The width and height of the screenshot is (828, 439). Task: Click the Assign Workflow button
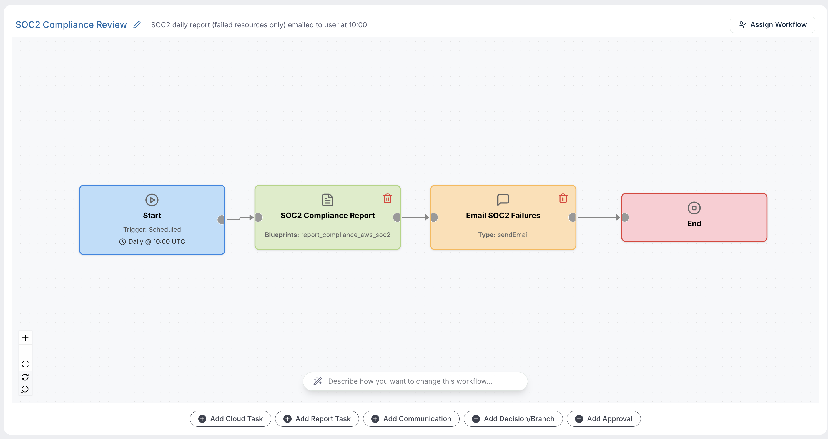coord(772,25)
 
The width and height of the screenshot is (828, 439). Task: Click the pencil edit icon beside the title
coord(137,25)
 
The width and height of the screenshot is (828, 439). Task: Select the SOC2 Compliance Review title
coord(71,25)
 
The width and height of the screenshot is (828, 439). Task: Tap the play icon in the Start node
coord(152,200)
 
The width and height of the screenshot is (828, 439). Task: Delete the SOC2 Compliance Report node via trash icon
coord(387,198)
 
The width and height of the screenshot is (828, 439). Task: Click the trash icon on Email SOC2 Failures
coord(563,198)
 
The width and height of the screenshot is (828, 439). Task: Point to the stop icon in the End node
coord(694,208)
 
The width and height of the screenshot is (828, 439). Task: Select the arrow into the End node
coord(598,217)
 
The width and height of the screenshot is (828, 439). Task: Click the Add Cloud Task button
coord(230,419)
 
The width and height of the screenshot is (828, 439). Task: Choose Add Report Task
coord(317,419)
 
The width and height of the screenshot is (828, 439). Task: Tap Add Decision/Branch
coord(513,419)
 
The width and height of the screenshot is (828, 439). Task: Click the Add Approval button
coord(603,419)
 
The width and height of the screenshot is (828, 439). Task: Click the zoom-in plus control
coord(25,338)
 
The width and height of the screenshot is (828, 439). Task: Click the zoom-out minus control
coord(25,351)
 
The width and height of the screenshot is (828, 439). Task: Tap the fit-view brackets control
coord(25,364)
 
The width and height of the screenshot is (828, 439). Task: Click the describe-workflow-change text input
coord(415,381)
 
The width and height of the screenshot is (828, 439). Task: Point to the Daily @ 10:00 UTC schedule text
coord(157,241)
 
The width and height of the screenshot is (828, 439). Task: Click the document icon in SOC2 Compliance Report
coord(327,200)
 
